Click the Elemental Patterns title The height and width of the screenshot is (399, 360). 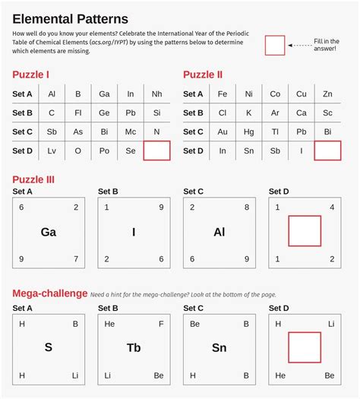70,18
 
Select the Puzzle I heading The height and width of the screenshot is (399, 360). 31,74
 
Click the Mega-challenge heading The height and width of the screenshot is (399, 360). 49,293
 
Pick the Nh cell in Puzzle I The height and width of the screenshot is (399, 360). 156,94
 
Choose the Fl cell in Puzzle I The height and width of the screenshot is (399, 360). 77,113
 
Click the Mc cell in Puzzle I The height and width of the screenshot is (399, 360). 130,132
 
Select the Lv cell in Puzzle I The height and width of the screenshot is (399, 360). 52,151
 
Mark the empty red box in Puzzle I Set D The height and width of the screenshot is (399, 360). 156,150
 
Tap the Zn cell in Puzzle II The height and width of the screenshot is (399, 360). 327,94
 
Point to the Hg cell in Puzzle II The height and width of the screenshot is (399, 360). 248,132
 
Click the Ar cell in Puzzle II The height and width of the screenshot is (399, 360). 275,113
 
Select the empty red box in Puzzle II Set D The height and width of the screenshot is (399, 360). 327,150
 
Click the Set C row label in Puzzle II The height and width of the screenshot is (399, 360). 194,132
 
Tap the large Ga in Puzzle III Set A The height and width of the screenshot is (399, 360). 49,233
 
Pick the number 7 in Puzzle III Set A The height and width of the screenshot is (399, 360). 75,259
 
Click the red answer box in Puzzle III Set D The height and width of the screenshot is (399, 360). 305,231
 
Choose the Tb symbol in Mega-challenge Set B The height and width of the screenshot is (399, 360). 134,348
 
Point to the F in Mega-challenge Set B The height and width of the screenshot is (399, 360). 161,324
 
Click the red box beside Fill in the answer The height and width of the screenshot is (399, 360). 275,46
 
